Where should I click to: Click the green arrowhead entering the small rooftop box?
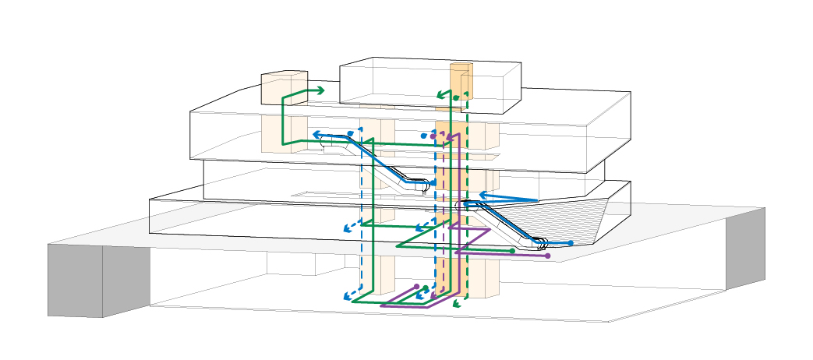(320, 91)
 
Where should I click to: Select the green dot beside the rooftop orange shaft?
(456, 98)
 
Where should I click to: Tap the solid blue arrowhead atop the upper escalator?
(317, 136)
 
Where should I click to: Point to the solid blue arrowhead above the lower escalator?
(482, 195)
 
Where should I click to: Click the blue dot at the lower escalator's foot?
(571, 243)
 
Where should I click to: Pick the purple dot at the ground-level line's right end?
(547, 256)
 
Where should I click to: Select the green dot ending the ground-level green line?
(512, 251)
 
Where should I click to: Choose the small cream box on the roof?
(284, 87)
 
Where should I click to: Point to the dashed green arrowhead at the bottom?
(456, 305)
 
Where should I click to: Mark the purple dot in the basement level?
(416, 287)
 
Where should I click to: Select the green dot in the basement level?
(426, 289)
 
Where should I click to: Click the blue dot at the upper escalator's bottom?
(433, 182)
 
